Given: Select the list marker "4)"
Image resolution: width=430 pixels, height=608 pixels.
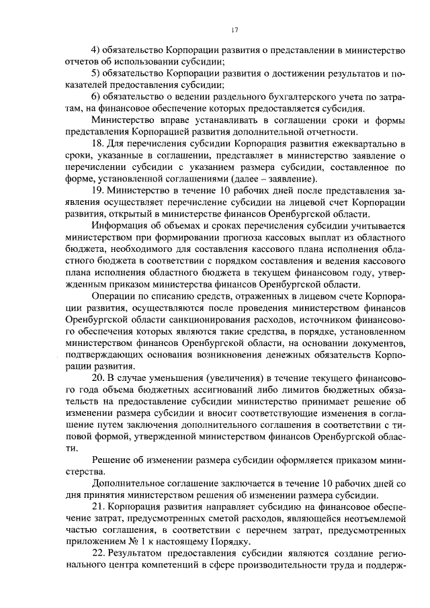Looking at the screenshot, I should pos(96,50).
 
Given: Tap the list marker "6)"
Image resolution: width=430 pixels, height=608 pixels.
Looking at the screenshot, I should pos(96,97).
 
